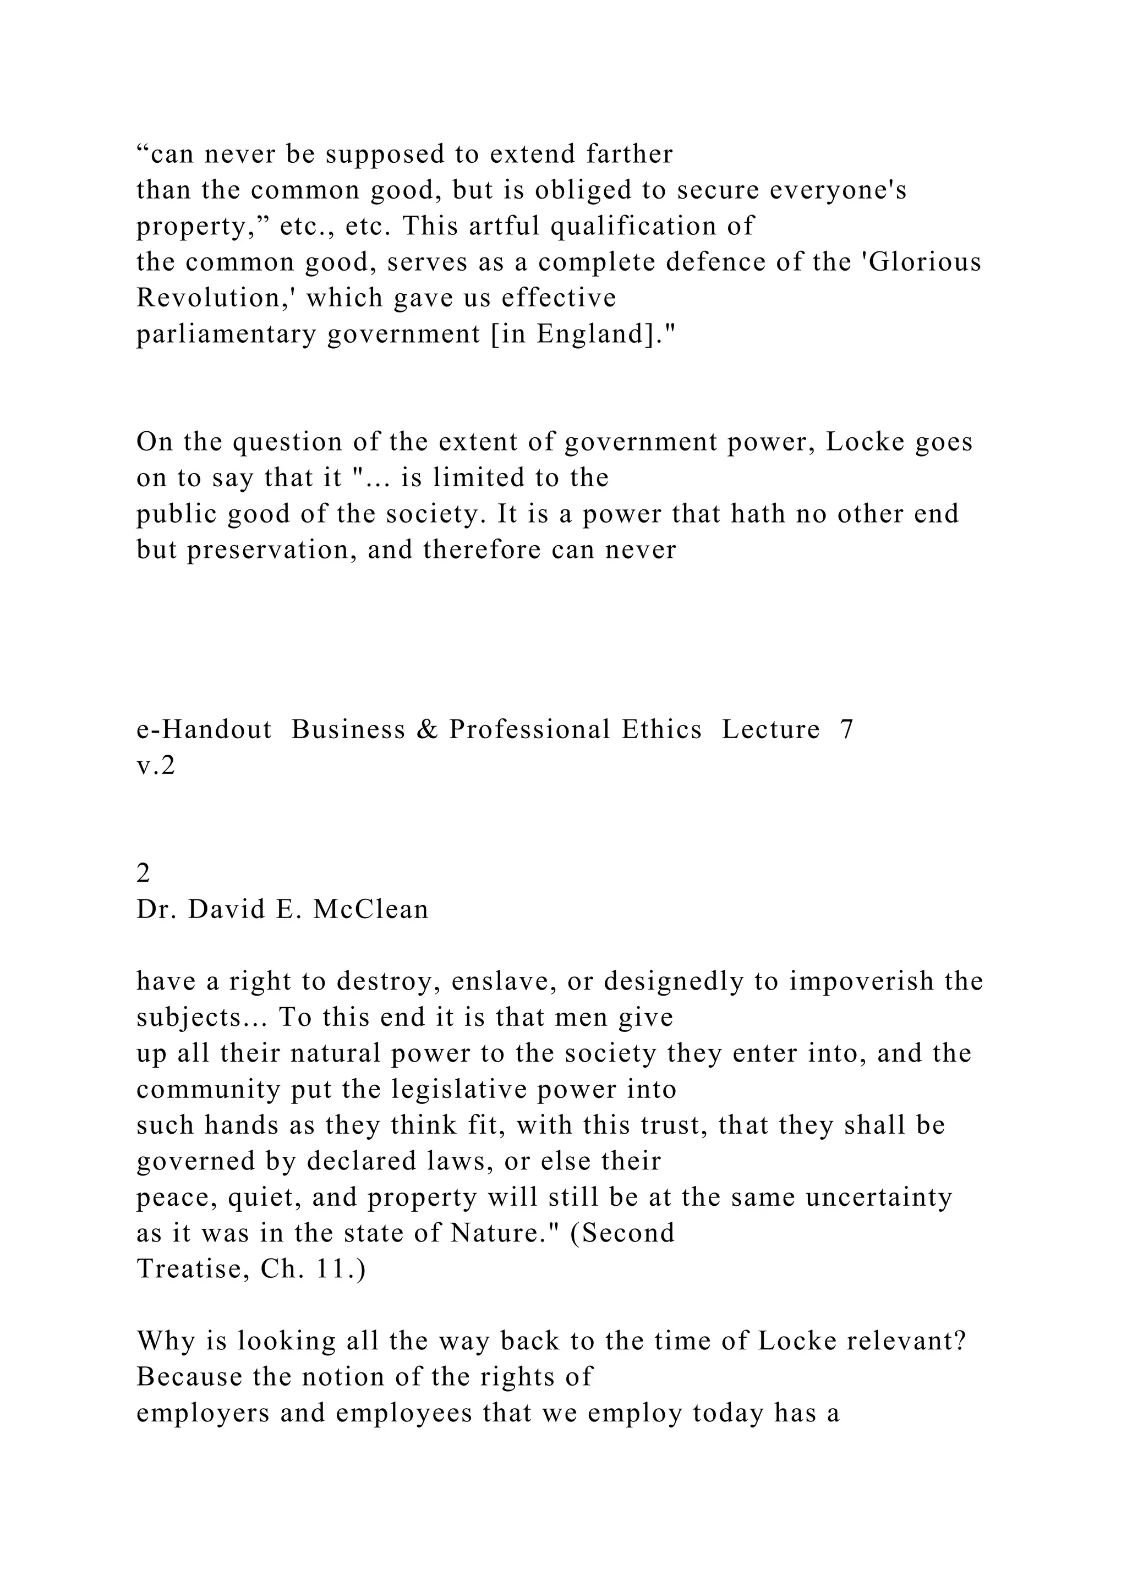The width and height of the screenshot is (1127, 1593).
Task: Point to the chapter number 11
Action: click(x=332, y=1270)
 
